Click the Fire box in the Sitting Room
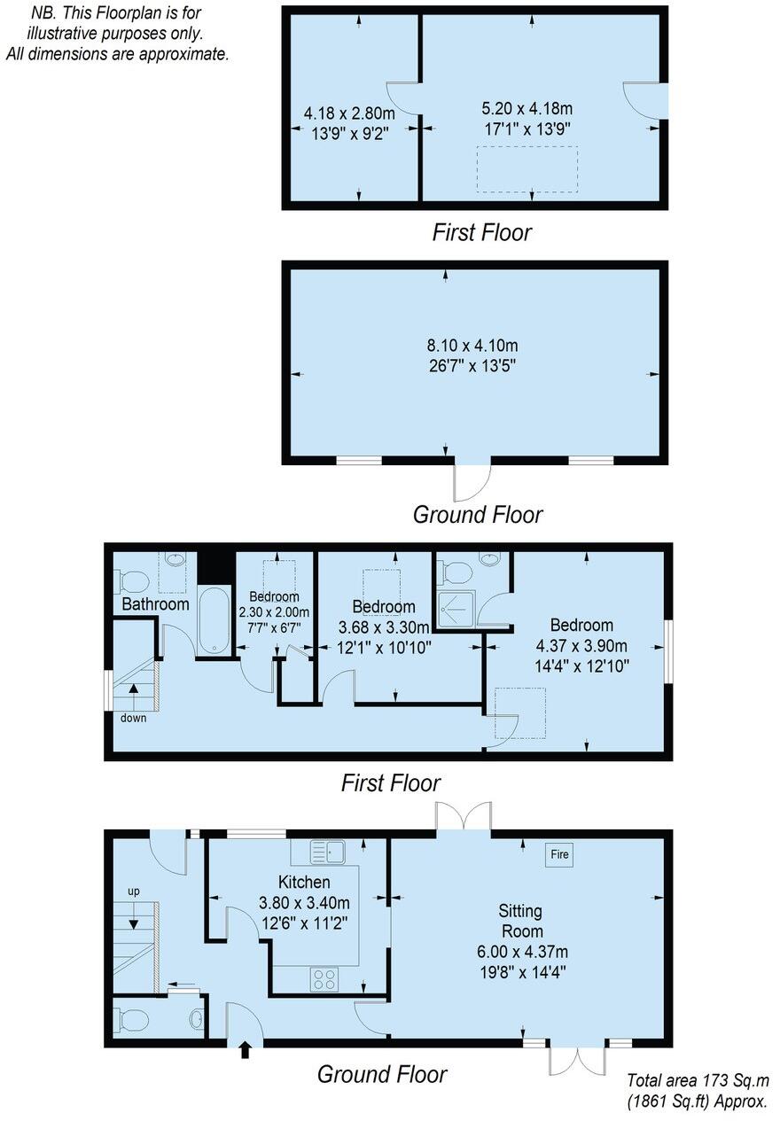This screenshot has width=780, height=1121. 559,854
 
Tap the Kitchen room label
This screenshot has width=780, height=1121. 304,883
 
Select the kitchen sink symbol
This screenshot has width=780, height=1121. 329,852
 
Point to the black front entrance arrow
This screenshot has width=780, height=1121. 246,1051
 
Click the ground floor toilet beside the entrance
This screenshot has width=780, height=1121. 133,1021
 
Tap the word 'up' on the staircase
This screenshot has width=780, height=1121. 134,891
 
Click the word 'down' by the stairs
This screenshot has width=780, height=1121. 134,718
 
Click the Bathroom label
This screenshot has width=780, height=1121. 155,604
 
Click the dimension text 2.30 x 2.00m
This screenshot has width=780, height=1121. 274,611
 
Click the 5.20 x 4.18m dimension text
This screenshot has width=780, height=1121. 526,109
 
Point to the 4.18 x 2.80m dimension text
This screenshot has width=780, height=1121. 348,113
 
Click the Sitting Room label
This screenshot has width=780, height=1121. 520,921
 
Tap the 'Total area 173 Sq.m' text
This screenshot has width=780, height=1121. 696,1080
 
